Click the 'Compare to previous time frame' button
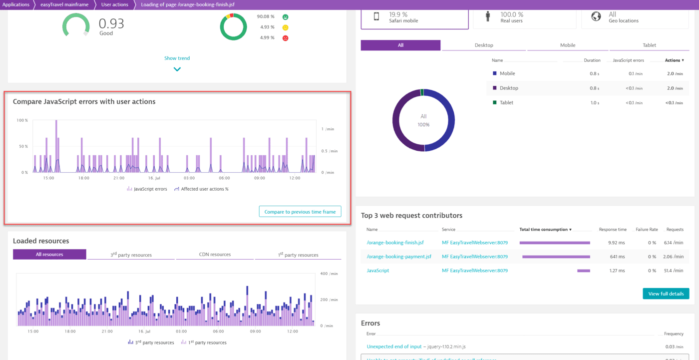coord(300,212)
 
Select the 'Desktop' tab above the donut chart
coord(483,45)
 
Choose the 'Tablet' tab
coord(649,45)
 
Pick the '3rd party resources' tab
coord(131,255)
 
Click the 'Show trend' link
coord(177,58)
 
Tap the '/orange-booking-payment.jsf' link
coord(398,257)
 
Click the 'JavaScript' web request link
coord(377,271)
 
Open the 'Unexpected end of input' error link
coord(394,347)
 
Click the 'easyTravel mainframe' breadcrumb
coord(64,4)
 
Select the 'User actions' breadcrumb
coord(114,4)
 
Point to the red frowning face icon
coord(285,38)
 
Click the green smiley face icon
coord(285,17)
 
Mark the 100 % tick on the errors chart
coord(22,120)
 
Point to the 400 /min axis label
coord(327,274)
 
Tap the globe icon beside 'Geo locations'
coord(596,16)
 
